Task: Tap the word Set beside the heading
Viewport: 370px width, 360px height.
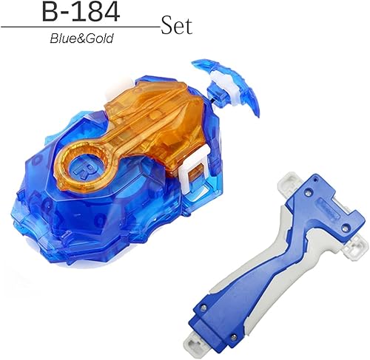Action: (176, 27)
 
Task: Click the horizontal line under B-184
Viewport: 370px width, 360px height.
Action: (81, 27)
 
